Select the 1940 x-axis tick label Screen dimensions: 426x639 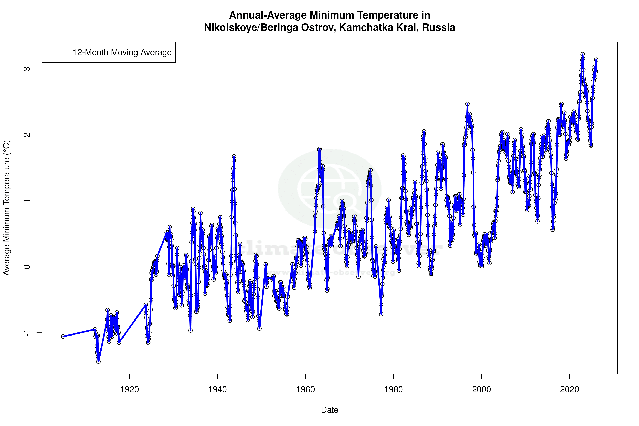pos(217,390)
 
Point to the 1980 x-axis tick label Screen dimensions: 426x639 pos(393,390)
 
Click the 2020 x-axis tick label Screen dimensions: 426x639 pos(569,390)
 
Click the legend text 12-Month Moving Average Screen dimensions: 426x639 pos(122,52)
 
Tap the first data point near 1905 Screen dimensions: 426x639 pos(63,336)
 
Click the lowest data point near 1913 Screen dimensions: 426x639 pos(98,362)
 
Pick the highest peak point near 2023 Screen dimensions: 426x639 pos(582,54)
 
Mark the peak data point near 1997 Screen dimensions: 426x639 pos(467,104)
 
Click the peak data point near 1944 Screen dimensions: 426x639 pos(234,156)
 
